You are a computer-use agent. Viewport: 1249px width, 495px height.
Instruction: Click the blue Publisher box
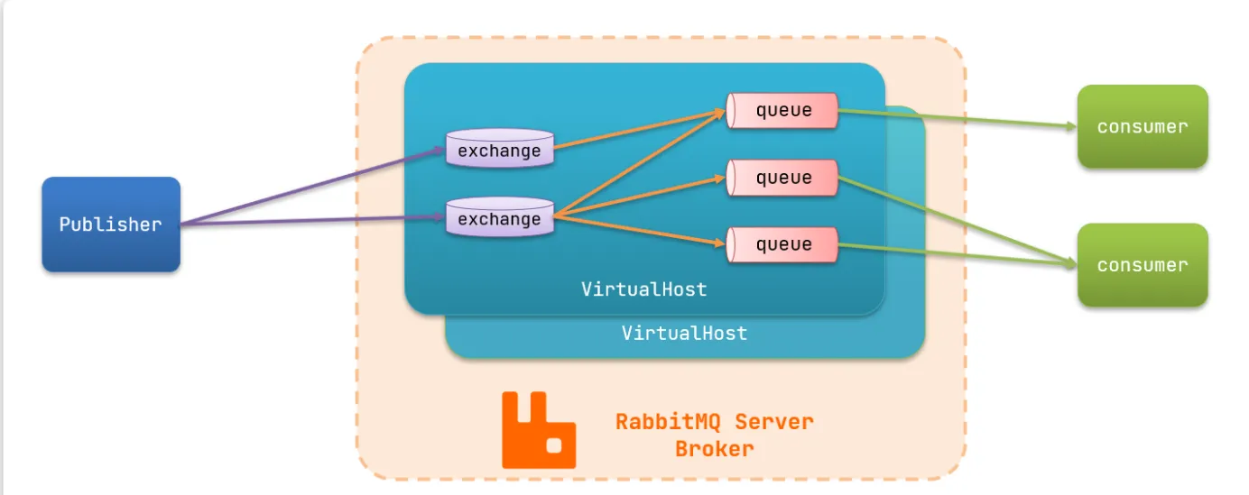coord(111,225)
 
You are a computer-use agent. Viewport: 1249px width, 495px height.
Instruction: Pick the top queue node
coord(782,111)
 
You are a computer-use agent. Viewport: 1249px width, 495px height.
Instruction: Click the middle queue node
coord(782,178)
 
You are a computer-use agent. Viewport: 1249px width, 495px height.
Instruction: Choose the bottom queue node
coord(782,243)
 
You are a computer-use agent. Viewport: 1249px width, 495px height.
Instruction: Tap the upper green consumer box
coord(1142,126)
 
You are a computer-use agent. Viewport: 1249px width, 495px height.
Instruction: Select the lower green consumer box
coord(1142,265)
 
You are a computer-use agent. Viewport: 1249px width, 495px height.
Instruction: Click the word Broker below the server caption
coord(714,448)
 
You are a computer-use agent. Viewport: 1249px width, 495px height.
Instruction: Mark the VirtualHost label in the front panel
coord(643,289)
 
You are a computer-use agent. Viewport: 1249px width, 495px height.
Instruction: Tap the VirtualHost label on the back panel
coord(684,333)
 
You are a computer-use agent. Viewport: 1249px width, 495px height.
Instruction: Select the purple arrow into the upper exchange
coord(316,188)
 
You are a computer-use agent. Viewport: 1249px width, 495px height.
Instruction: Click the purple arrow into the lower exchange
coord(316,222)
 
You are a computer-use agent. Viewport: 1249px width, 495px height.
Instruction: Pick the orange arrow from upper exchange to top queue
coord(641,129)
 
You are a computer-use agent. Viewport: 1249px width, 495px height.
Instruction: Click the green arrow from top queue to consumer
coord(957,119)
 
